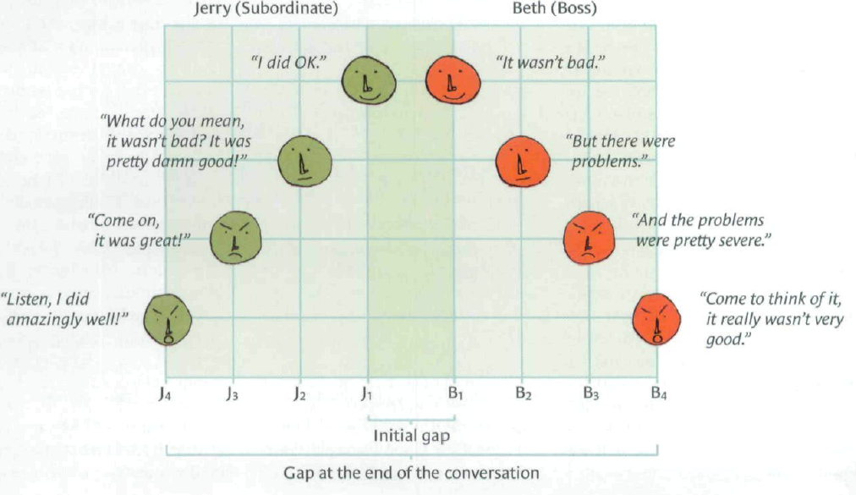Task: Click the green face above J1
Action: click(369, 80)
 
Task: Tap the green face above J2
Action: click(305, 159)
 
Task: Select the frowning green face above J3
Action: click(234, 238)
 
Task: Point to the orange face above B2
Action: click(522, 159)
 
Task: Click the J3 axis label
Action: click(233, 393)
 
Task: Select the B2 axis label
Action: click(524, 393)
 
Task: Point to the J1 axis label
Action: click(365, 393)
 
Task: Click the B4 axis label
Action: click(658, 393)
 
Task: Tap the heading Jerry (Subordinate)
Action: click(266, 10)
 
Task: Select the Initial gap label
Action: click(411, 436)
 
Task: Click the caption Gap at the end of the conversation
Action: click(410, 472)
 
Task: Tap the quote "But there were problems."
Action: click(621, 151)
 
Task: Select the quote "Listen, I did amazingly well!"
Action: click(66, 309)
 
